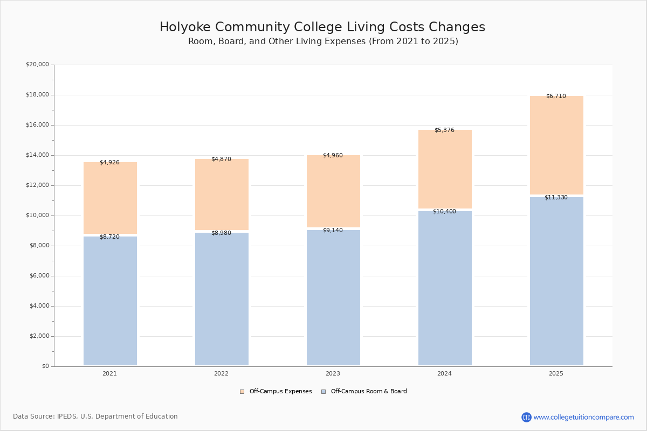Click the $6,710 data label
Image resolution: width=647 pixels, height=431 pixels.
tap(556, 96)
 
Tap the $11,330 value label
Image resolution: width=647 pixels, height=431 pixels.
tap(556, 198)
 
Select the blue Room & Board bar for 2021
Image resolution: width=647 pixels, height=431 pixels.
tap(110, 301)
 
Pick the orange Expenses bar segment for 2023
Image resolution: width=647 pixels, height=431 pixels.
tap(333, 191)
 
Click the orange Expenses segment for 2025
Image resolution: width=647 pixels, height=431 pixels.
tap(556, 145)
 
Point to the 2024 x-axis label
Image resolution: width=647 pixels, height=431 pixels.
tap(444, 373)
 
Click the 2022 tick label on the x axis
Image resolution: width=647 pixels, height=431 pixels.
tap(221, 373)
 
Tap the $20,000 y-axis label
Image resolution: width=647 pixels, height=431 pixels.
tap(37, 64)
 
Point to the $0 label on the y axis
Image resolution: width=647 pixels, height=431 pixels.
tap(46, 366)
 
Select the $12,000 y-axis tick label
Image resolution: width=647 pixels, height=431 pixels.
tap(37, 185)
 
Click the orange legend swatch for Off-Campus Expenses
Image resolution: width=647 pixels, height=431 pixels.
tap(242, 392)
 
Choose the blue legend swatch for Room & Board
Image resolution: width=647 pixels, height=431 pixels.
tap(323, 392)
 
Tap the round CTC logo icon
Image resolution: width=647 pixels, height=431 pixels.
tap(526, 417)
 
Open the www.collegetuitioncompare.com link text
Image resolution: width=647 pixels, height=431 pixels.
tap(584, 417)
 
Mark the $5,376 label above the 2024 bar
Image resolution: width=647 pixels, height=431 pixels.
tap(444, 130)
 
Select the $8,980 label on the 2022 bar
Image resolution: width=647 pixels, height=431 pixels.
tap(221, 233)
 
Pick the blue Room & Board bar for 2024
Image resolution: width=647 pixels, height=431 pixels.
tap(445, 288)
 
